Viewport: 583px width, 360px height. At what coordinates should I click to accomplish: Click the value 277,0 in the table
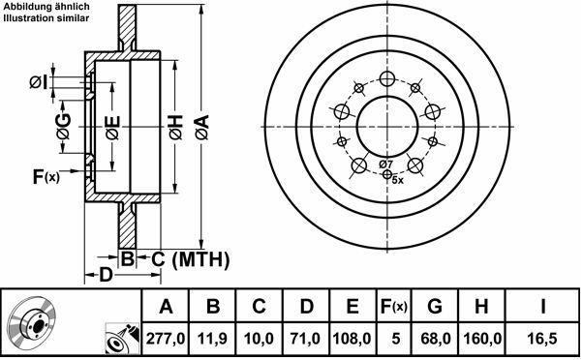tap(166, 339)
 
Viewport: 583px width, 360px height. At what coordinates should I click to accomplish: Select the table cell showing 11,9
tap(212, 339)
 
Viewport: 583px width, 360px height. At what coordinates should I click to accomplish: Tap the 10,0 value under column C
tap(259, 339)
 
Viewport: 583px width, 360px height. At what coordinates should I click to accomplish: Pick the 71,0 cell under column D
tap(305, 339)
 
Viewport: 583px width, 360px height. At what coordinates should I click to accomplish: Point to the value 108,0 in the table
tap(352, 339)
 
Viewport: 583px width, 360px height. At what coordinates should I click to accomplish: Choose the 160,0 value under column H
tap(482, 339)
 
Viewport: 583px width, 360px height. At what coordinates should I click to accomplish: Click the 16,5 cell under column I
tap(542, 339)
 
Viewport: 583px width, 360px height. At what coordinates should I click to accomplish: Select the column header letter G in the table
tap(435, 307)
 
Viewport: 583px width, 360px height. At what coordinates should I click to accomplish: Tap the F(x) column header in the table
tap(394, 307)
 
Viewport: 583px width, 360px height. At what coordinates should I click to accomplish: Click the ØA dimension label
tap(202, 128)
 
